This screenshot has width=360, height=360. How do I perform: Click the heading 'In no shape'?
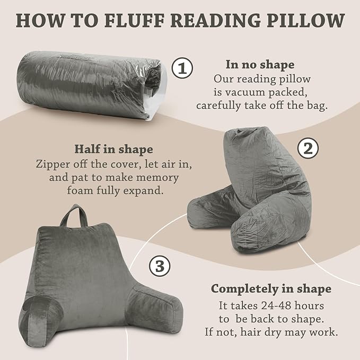click(x=260, y=65)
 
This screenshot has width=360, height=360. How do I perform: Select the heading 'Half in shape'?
click(x=113, y=149)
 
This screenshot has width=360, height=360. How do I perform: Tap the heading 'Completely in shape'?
click(x=271, y=289)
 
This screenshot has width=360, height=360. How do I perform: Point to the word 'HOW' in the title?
click(x=35, y=21)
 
